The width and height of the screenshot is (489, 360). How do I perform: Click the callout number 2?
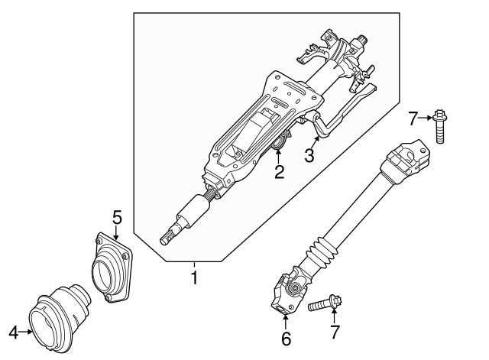coord(280,172)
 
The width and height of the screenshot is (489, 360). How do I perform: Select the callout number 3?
coord(309,156)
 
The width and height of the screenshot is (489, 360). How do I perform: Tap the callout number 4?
coord(13,332)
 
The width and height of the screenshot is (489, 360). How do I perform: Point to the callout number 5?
coord(117,218)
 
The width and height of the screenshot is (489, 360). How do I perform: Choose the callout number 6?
coord(286,338)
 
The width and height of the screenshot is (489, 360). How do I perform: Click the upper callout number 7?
coord(413,118)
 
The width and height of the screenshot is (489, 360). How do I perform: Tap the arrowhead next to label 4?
coord(30,332)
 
